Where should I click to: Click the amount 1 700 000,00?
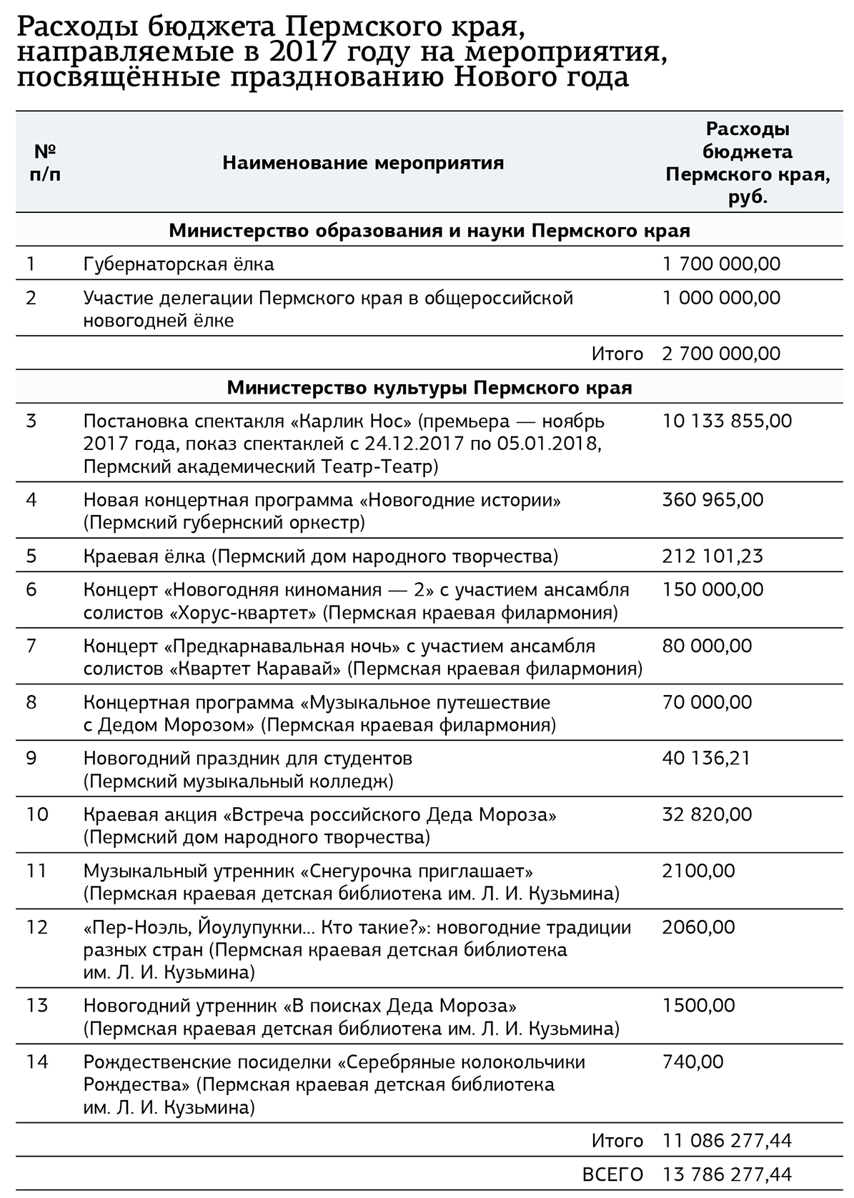point(721,264)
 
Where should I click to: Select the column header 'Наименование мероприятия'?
point(363,164)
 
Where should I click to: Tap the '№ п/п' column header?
point(45,164)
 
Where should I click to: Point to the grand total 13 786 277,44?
point(727,1174)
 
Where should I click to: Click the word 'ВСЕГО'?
point(612,1174)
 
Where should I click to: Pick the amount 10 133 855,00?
point(727,421)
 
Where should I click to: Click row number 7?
point(31,646)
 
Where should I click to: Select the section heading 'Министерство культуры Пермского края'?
point(430,388)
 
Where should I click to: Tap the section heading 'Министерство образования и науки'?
point(430,231)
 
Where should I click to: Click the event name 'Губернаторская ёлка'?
point(179,264)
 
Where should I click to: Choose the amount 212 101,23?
point(713,556)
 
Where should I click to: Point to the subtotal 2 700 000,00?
point(721,354)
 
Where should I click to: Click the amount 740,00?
point(692,1062)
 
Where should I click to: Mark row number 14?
point(37,1062)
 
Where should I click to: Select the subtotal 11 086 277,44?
point(727,1141)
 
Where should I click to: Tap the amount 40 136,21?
point(707,758)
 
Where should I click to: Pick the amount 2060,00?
point(698,927)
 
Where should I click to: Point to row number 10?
point(36,814)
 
